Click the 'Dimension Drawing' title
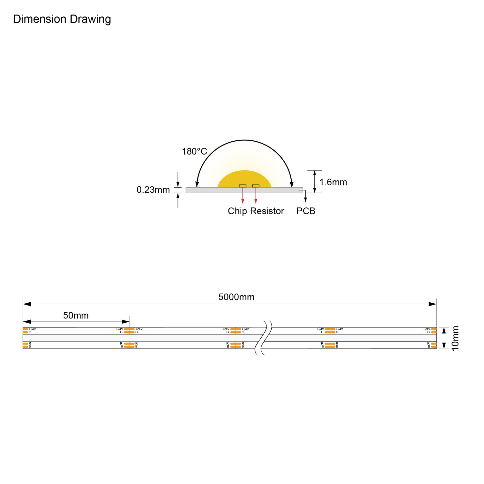[x=62, y=19]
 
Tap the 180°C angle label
[x=194, y=151]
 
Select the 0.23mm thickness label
[x=153, y=190]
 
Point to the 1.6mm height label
[x=333, y=182]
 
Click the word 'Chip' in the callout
[x=237, y=211]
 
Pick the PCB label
[x=306, y=211]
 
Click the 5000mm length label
[x=237, y=297]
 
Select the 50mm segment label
[x=76, y=316]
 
